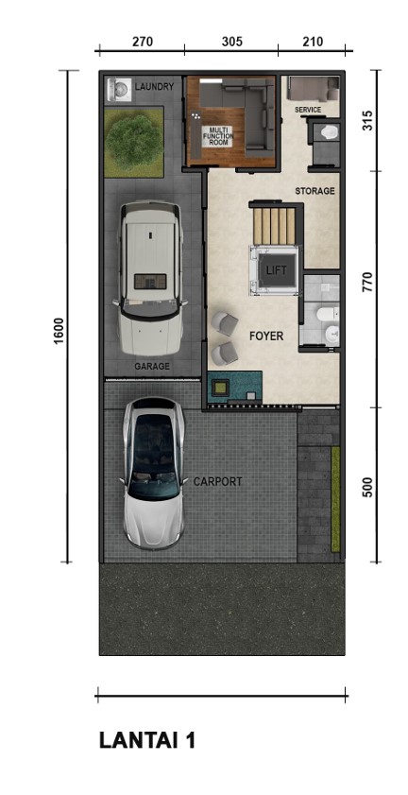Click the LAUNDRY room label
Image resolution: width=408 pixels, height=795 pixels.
point(154,87)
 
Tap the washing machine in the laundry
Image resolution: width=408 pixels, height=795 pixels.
point(119,90)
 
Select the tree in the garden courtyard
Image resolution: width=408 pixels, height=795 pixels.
point(134,139)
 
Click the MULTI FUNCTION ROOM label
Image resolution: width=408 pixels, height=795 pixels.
point(218,136)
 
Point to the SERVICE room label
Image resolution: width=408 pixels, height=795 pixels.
point(308,110)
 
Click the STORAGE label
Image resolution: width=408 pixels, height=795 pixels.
point(315,191)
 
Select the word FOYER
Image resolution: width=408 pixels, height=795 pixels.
point(266,337)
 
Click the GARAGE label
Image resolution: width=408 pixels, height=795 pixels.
point(152,366)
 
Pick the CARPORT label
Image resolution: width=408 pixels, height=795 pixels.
point(218,482)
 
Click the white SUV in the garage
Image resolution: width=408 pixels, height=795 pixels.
point(150,278)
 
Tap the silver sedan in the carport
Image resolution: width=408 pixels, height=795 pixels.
point(153,474)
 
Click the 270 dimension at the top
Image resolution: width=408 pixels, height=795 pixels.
point(143,42)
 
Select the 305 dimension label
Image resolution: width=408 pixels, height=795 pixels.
point(232,42)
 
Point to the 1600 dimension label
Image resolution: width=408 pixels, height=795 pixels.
point(59,332)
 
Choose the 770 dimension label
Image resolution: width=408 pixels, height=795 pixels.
point(368,283)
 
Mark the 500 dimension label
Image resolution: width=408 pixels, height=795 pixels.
point(368,487)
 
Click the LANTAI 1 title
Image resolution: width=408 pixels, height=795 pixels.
point(147,741)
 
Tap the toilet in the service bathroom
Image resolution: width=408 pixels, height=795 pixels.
point(329,132)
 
